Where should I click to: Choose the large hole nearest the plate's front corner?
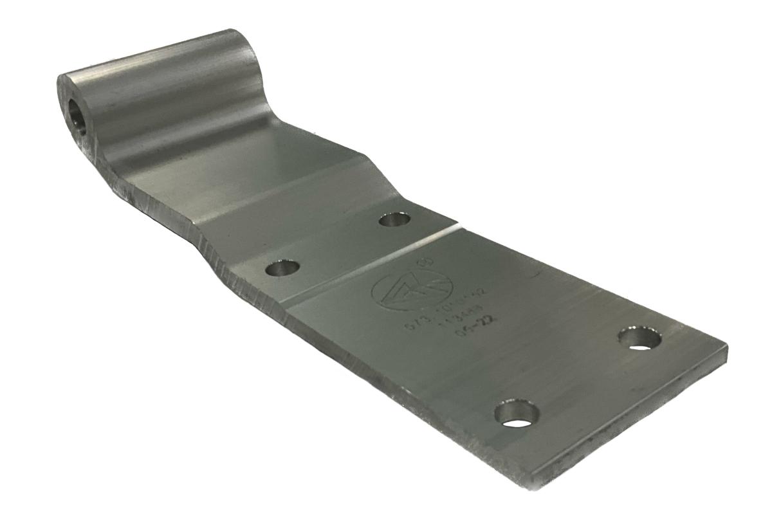click(517, 414)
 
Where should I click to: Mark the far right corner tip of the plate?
click(726, 348)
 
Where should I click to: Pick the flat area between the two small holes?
click(338, 244)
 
